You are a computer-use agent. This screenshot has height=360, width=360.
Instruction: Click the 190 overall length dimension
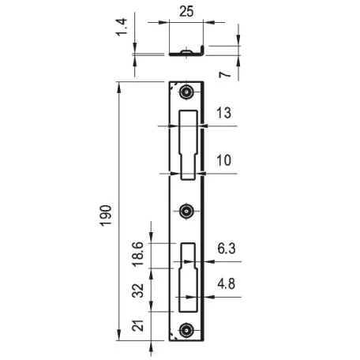(106, 216)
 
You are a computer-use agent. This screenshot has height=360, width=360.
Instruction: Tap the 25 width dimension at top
(186, 11)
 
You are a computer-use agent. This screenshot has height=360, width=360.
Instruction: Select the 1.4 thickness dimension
(122, 27)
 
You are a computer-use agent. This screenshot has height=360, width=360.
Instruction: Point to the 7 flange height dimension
(224, 74)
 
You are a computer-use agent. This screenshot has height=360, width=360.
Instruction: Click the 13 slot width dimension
(223, 113)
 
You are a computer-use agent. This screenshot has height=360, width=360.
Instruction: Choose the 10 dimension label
(223, 160)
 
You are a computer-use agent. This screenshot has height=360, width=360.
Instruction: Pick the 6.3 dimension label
(227, 249)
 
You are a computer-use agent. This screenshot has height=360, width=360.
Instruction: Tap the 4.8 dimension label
(227, 284)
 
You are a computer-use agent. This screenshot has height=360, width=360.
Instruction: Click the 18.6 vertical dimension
(138, 254)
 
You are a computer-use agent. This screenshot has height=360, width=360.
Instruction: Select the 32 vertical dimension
(138, 291)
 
